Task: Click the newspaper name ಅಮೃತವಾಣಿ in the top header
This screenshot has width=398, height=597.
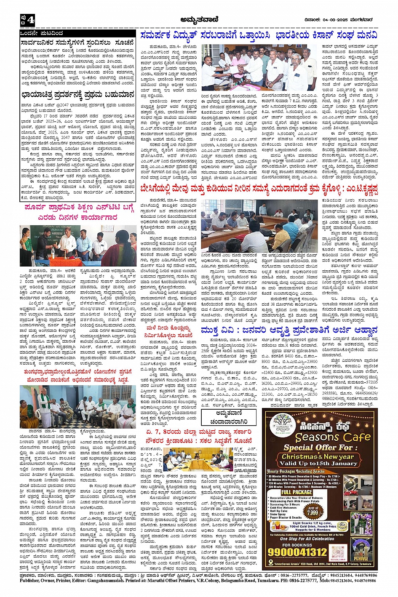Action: [198, 19]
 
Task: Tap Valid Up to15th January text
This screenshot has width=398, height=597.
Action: [318, 464]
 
